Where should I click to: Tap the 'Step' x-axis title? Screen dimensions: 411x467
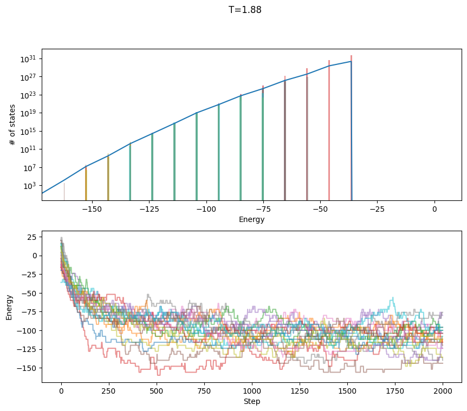[251, 401]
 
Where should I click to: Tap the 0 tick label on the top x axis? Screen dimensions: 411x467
[434, 208]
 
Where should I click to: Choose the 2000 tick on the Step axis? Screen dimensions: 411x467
[443, 390]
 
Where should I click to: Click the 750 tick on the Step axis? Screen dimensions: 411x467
[204, 390]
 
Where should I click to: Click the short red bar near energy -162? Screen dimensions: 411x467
[64, 192]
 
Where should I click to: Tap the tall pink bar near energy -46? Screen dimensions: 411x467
[329, 130]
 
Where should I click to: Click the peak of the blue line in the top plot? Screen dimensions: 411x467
[351, 61]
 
